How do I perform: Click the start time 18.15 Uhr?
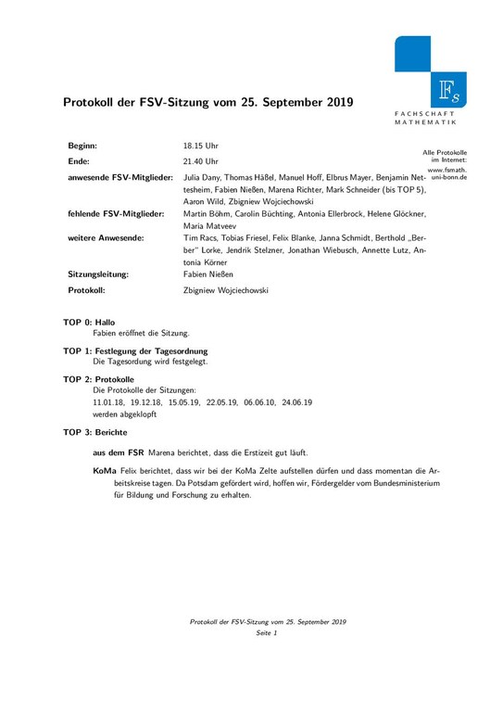point(201,146)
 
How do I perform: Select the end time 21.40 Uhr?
point(201,161)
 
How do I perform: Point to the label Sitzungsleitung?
point(98,274)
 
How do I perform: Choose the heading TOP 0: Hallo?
point(89,322)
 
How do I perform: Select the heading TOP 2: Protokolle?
point(98,380)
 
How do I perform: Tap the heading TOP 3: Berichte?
point(95,433)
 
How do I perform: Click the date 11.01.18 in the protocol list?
point(108,403)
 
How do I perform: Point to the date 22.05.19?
point(221,403)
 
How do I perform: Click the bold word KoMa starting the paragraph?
point(105,472)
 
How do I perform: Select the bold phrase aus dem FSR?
point(118,452)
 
